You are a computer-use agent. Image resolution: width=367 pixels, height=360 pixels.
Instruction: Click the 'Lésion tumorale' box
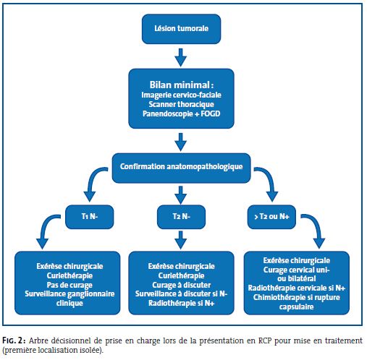[x=181, y=29]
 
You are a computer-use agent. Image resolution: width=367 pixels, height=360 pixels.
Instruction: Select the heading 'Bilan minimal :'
[x=181, y=85]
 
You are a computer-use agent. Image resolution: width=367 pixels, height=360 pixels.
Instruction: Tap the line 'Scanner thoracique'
[x=181, y=104]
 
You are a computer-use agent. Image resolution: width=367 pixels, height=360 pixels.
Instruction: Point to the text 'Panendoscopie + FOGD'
[x=181, y=113]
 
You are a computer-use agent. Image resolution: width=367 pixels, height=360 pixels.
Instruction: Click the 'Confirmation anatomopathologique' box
[x=181, y=168]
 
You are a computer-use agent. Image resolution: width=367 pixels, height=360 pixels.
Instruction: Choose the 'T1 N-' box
[x=90, y=217]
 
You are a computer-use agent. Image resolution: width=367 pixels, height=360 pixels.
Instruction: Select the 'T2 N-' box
[x=181, y=217]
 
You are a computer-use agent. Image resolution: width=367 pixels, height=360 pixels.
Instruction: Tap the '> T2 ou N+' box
[x=271, y=217]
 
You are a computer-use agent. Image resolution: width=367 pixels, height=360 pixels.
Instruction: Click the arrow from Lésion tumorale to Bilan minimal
[x=181, y=57]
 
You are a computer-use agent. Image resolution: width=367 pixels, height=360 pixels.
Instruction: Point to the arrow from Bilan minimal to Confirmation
[x=181, y=142]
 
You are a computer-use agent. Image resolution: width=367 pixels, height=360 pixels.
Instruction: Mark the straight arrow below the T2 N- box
[x=181, y=240]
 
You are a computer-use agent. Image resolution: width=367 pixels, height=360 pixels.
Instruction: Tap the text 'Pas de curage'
[x=69, y=285]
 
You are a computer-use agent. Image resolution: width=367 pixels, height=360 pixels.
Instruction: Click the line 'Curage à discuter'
[x=181, y=285]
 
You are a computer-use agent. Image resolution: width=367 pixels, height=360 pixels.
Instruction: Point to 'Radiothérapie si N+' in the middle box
[x=181, y=303]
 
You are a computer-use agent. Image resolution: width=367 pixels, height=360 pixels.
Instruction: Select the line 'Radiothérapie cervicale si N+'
[x=297, y=288]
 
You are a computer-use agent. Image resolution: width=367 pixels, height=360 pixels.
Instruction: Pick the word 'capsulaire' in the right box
[x=297, y=307]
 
